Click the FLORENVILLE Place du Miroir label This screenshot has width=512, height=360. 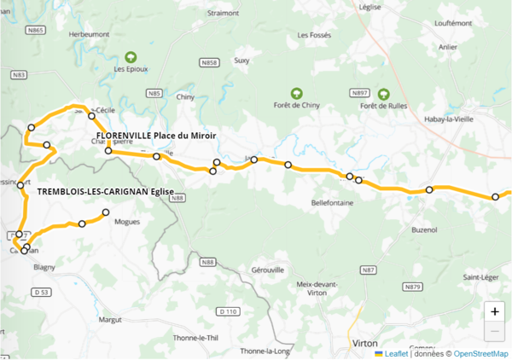[155, 136]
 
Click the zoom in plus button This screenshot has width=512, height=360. [495, 311]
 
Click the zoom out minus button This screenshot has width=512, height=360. [495, 331]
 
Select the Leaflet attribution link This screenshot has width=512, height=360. [396, 353]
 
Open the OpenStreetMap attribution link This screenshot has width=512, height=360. [480, 353]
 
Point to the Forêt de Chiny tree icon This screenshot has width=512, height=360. [296, 93]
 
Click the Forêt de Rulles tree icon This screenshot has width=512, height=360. [383, 93]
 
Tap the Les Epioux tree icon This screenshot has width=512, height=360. [131, 56]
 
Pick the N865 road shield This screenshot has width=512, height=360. [35, 30]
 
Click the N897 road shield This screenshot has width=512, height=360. [359, 92]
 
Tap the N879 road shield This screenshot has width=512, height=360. [414, 287]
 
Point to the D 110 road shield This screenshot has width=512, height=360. [227, 311]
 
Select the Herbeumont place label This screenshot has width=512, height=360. [90, 33]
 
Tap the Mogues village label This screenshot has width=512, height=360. [126, 222]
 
